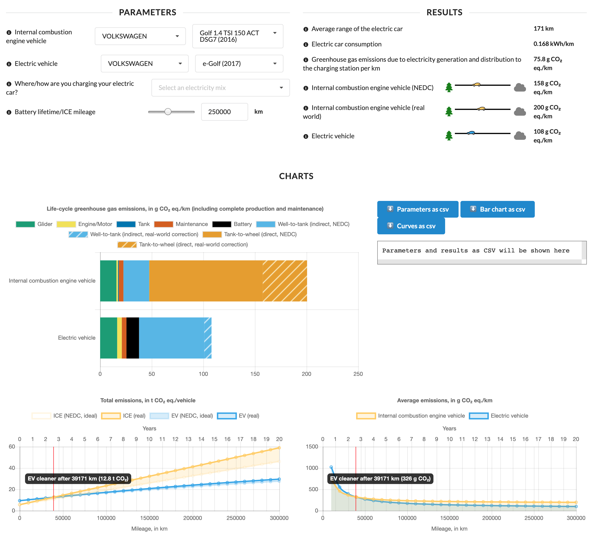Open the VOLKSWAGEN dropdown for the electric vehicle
[x=144, y=64]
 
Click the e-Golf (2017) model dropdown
[x=239, y=64]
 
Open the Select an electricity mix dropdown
[x=220, y=87]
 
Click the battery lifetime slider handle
[x=168, y=112]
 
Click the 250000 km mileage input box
[x=224, y=112]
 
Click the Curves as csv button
[x=411, y=226]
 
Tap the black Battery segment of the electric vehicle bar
[x=132, y=338]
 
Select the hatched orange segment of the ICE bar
[x=285, y=281]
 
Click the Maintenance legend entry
[x=181, y=224]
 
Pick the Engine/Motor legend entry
[x=84, y=224]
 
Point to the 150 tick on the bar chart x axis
[x=255, y=374]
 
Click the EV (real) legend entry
[x=238, y=416]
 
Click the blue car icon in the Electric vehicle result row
[x=470, y=133]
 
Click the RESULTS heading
[x=444, y=12]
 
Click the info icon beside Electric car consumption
[x=306, y=45]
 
